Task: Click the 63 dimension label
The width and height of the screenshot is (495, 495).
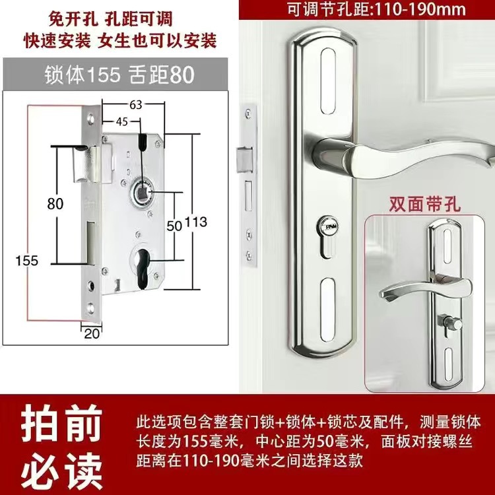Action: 136,104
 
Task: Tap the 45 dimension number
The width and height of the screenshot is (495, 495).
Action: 122,121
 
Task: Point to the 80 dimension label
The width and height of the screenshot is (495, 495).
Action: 55,204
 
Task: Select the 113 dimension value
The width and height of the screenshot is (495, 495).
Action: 196,222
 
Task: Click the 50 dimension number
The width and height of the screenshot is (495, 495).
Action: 174,226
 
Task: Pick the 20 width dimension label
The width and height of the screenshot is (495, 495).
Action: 92,334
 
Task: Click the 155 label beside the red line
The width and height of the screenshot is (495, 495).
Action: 27,261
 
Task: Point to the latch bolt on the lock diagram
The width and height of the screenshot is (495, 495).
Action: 84,165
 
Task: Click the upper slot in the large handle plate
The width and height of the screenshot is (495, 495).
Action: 327,81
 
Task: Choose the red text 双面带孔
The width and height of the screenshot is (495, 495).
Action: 424,204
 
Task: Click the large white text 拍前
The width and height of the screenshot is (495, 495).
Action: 61,423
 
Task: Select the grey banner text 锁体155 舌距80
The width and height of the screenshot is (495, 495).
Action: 119,75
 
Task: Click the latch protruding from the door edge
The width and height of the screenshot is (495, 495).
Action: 244,160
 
